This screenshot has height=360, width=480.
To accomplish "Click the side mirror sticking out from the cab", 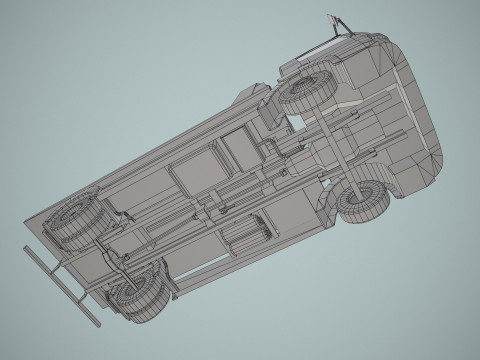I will coord(334,22).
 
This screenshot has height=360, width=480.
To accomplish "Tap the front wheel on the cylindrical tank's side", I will coord(363,200).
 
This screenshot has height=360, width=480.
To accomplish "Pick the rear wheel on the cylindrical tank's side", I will coord(141,293).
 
